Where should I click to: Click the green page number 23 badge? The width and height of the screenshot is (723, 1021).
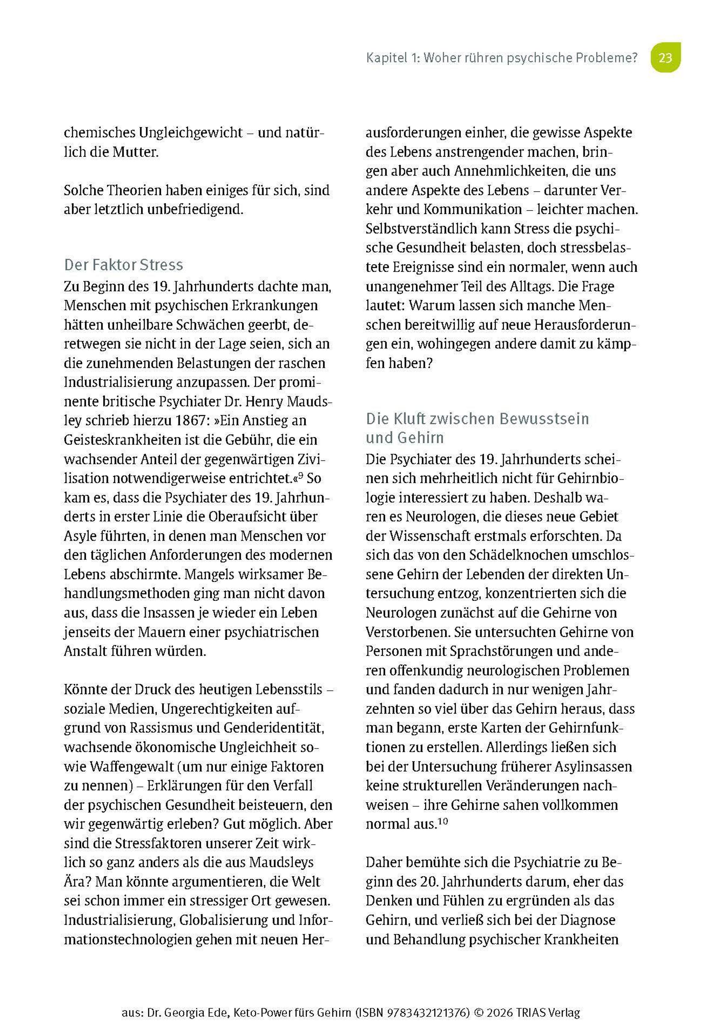point(665,58)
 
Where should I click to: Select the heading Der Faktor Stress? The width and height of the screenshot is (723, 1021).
point(123,265)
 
